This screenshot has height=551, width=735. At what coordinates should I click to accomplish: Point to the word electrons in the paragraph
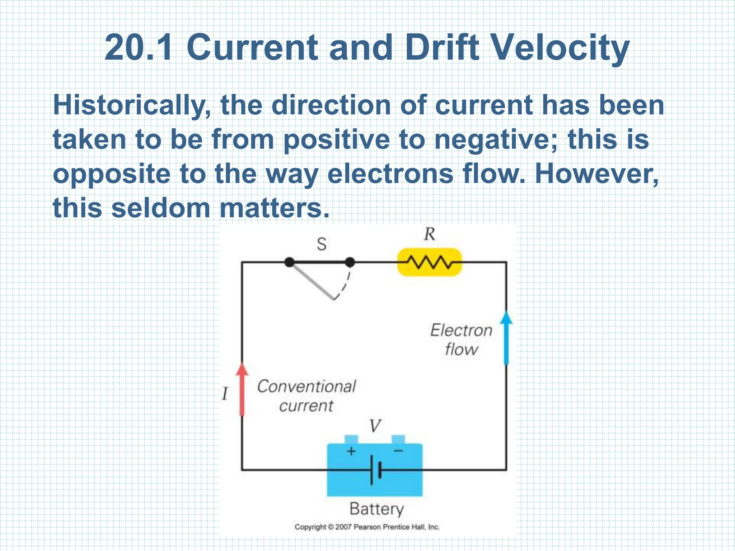pyautogui.click(x=390, y=174)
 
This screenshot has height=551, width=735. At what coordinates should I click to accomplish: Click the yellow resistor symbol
pyautogui.click(x=429, y=262)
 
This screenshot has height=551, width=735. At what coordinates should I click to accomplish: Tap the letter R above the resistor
pyautogui.click(x=429, y=234)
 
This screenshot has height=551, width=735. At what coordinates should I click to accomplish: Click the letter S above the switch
pyautogui.click(x=322, y=244)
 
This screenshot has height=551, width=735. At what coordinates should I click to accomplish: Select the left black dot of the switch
pyautogui.click(x=289, y=262)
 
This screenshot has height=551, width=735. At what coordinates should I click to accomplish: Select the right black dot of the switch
pyautogui.click(x=350, y=262)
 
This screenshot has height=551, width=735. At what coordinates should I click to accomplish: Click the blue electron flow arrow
pyautogui.click(x=506, y=337)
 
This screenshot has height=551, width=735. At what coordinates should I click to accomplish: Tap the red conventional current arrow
pyautogui.click(x=242, y=389)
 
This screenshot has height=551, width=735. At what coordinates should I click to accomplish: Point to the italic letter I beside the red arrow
pyautogui.click(x=225, y=394)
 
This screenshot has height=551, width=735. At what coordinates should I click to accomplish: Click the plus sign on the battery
pyautogui.click(x=351, y=451)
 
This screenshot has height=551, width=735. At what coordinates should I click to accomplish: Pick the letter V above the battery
pyautogui.click(x=375, y=426)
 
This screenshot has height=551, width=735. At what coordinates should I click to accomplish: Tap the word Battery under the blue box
pyautogui.click(x=376, y=509)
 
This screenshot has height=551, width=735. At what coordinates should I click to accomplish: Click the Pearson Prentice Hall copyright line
pyautogui.click(x=367, y=527)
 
